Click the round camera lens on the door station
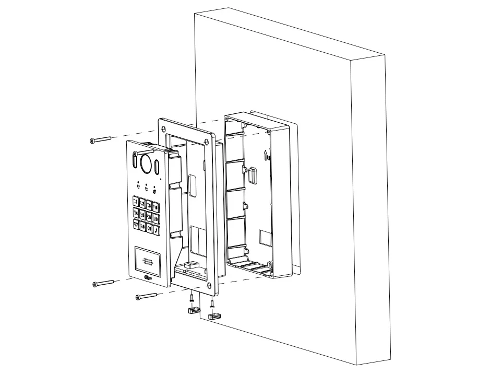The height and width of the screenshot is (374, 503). [x=146, y=162]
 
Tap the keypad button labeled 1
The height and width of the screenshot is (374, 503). [x=136, y=201]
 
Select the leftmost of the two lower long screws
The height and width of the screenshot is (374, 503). [x=103, y=284]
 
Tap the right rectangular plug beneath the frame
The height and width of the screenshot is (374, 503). [x=214, y=315]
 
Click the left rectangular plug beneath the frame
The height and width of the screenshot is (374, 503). [x=193, y=311]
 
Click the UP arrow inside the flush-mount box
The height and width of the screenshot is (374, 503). [x=266, y=155]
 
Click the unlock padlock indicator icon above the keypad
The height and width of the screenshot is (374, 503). [x=154, y=190]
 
